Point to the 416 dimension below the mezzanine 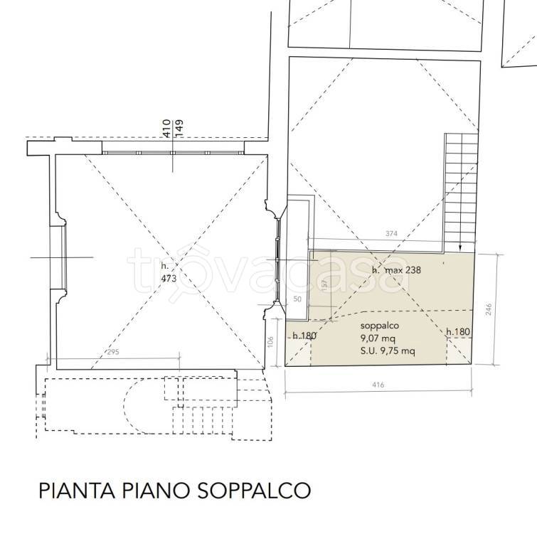(378, 385)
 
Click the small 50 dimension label (297, 300)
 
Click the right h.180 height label (458, 331)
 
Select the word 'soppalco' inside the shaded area (378, 326)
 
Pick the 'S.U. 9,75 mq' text (388, 350)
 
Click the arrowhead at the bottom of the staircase (461, 247)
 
